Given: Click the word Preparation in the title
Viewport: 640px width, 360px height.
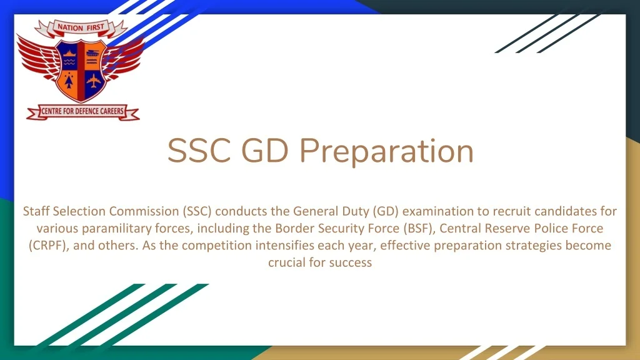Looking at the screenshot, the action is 386,152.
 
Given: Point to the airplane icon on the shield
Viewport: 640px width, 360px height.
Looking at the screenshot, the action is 94,81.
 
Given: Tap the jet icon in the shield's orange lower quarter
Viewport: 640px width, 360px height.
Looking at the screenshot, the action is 69,81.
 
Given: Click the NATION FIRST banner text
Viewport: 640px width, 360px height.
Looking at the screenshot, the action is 81,27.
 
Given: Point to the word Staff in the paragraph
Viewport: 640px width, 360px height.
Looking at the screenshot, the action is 36,211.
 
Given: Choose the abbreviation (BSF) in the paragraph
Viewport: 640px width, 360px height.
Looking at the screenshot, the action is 418,228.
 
